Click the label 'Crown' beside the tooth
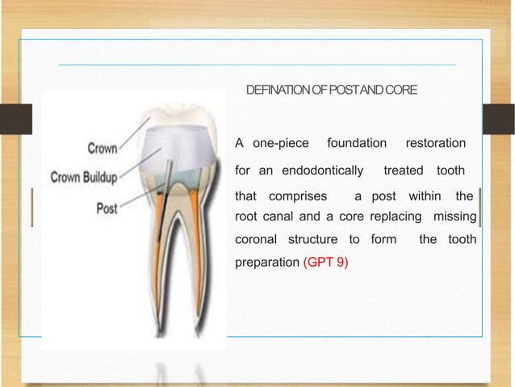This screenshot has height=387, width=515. [102, 148]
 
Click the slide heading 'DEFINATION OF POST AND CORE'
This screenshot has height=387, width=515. [331, 88]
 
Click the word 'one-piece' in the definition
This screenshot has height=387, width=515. [281, 144]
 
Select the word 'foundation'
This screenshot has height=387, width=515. [357, 144]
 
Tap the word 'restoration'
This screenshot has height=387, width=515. [435, 144]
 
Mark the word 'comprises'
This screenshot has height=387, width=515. [298, 197]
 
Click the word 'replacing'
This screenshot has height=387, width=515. [398, 217]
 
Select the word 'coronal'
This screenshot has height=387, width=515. [256, 241]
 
